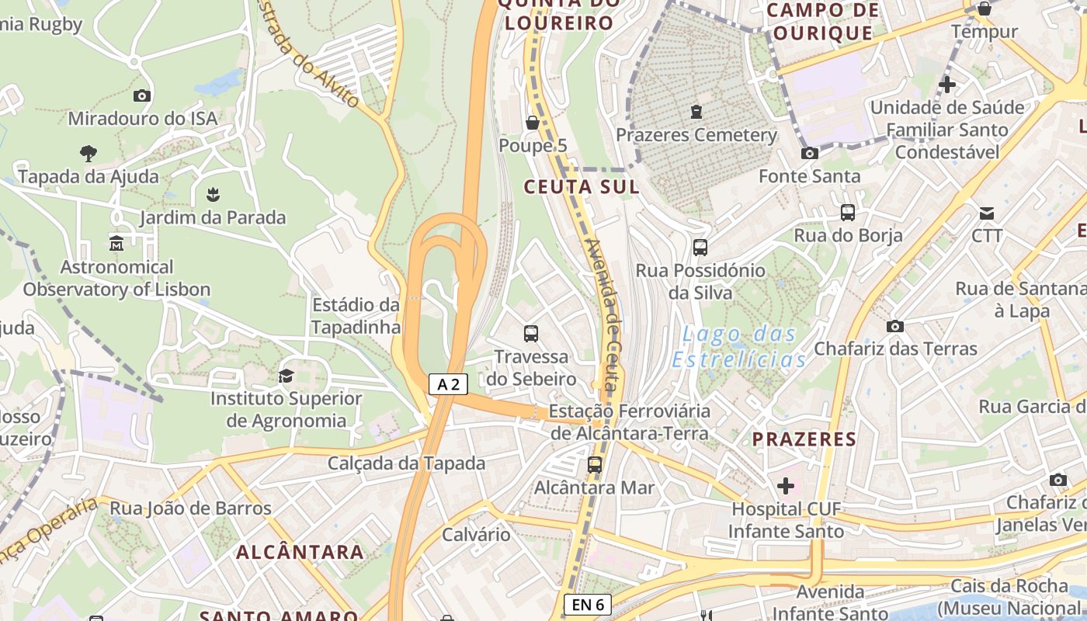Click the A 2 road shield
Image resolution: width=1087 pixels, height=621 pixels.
coord(449,383)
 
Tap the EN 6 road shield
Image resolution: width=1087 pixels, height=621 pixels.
coord(587,605)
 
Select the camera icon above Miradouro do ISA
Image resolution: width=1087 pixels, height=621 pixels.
coord(141,95)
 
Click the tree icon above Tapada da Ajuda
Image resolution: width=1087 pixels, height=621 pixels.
coord(89,153)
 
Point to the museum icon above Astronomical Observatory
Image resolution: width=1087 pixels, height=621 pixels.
coord(116,244)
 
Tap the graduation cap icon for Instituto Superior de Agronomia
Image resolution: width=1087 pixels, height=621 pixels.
coord(286,376)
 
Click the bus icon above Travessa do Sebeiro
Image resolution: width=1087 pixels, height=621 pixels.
coord(531,334)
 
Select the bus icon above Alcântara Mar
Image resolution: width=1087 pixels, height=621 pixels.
coord(594,465)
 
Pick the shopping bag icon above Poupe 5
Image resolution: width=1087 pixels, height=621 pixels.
coord(533,123)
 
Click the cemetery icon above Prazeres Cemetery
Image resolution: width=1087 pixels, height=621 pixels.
coord(696,112)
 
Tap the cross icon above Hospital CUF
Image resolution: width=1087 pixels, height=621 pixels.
coord(786,486)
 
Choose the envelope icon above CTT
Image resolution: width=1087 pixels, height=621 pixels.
coord(986,213)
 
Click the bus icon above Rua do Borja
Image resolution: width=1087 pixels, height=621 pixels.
coord(848,212)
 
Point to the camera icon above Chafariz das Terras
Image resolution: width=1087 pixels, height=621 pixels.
coord(894,326)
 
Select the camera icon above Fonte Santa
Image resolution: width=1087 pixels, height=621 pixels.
coord(809,153)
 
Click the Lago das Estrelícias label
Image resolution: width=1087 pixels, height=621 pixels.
coord(739,347)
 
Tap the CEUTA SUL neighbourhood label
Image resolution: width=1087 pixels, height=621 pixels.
coord(582,186)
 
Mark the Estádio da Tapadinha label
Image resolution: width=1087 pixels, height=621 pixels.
coord(356,315)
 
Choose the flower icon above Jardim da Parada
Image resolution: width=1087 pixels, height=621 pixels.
coord(213,194)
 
